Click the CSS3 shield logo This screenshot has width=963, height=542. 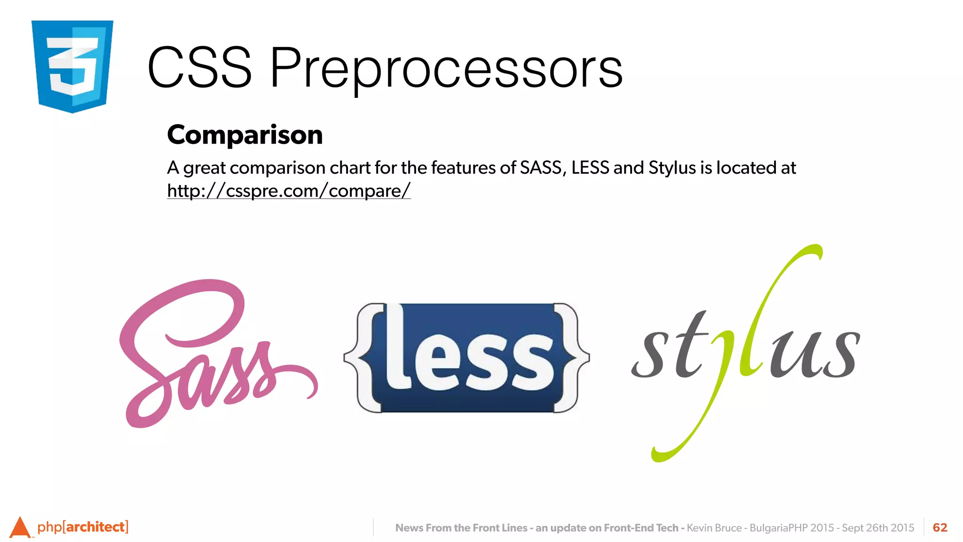(72, 66)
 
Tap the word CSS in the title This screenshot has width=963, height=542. (199, 69)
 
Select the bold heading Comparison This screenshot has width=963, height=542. (245, 135)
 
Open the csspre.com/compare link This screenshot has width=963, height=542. (289, 191)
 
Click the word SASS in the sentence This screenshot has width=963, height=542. (540, 168)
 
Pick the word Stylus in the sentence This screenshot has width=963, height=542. (671, 168)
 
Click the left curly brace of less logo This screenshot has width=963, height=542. (364, 358)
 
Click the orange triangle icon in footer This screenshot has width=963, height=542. (20, 528)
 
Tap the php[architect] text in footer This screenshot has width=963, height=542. (83, 527)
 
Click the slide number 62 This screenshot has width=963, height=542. (939, 528)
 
